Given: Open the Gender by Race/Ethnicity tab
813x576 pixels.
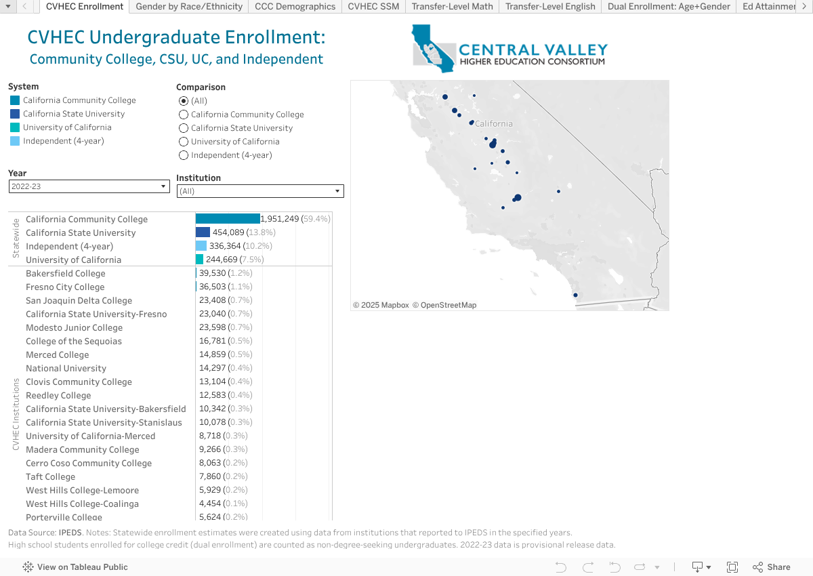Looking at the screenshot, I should pos(189,7).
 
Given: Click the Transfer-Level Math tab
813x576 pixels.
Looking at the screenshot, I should pos(453,7).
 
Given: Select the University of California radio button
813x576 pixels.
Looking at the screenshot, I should pos(184,142).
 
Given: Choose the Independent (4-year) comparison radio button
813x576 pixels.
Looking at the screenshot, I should pos(184,155).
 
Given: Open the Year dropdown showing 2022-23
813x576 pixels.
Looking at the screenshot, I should pos(89,186).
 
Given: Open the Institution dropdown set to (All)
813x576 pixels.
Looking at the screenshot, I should pos(260,191).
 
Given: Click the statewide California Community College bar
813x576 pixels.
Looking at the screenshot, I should pos(228,219).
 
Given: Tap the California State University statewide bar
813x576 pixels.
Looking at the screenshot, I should pos(203,232).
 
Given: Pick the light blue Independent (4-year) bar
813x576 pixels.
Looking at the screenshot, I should pos(201,246).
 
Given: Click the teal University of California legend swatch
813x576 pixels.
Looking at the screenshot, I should pos(15,127).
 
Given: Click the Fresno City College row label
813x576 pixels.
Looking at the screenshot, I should pos(65,287).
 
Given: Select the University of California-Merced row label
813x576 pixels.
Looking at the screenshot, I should pos(90,436).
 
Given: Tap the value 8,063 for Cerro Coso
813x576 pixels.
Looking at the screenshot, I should pos(209,463).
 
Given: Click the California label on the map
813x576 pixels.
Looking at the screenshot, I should pos(494,123).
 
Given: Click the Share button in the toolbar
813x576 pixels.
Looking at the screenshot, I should pos(772,567).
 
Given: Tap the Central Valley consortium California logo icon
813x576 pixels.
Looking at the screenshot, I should pos(434,47).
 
